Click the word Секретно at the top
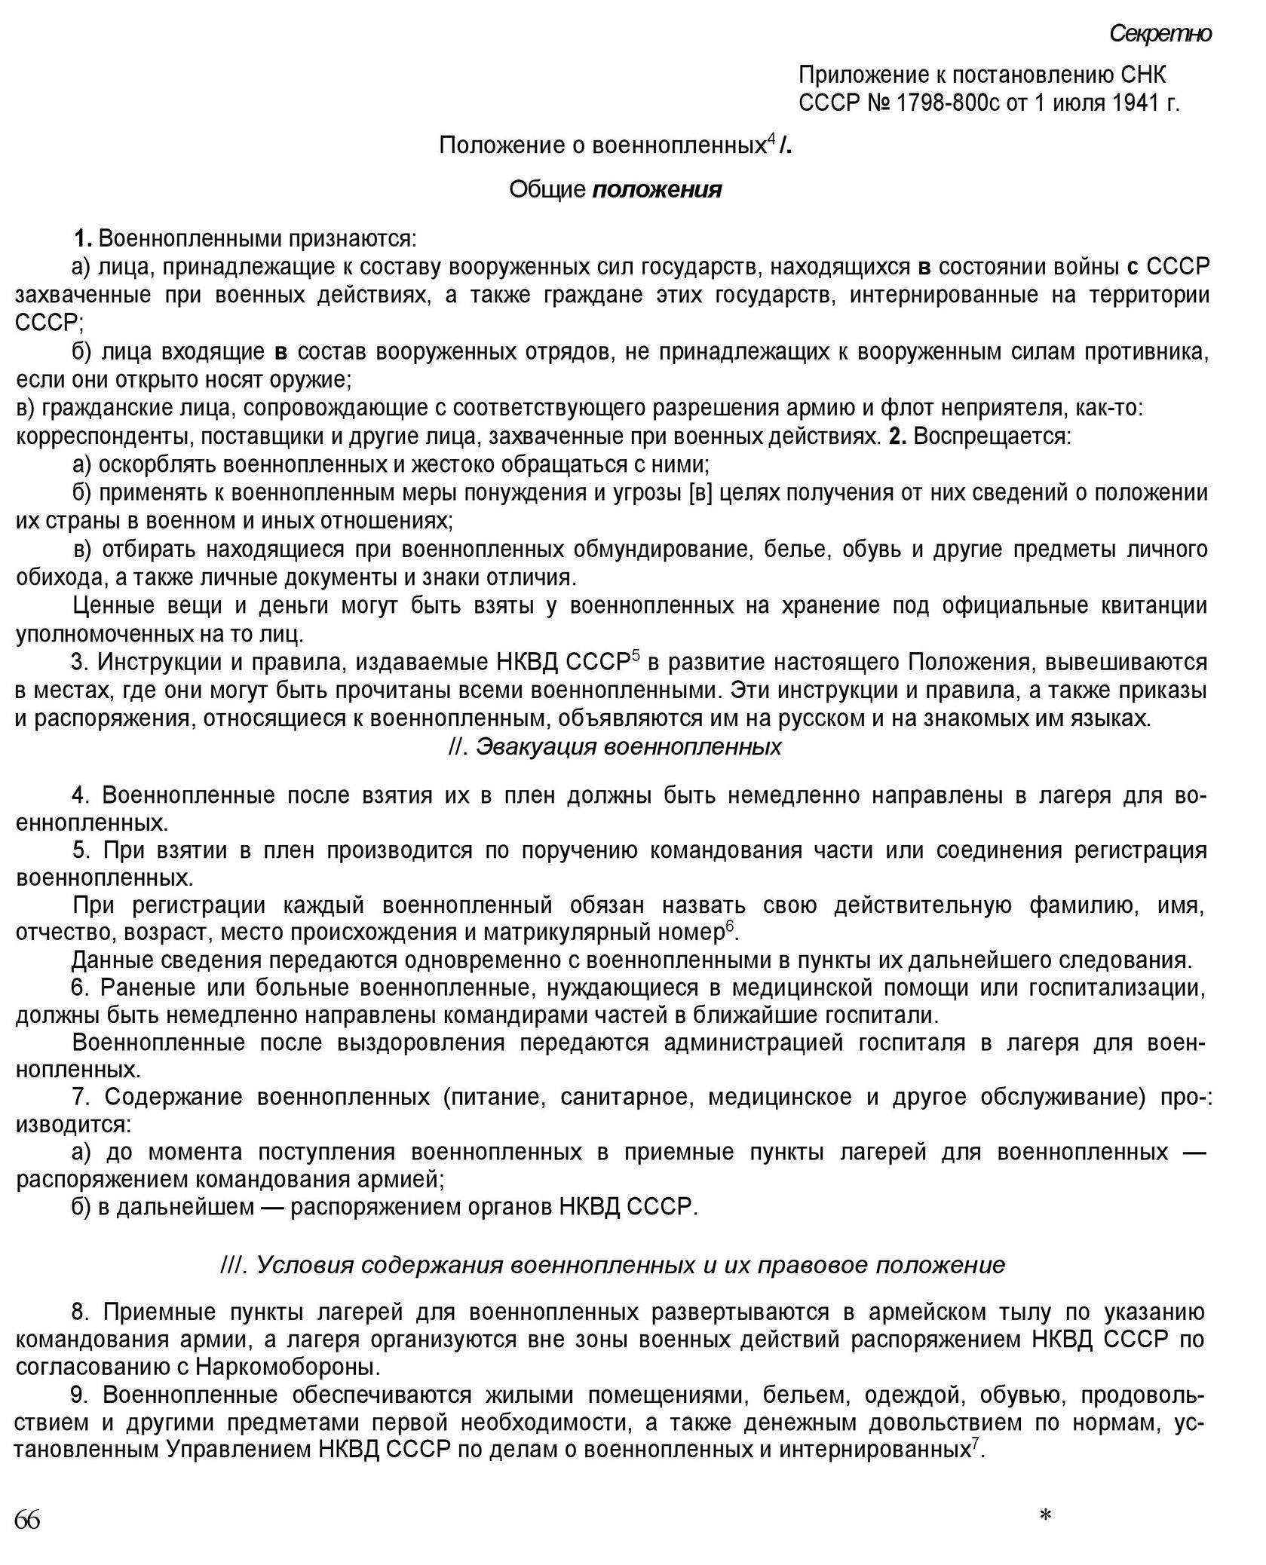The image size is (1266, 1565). (1160, 34)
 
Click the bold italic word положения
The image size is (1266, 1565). (657, 189)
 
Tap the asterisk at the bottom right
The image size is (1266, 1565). (1045, 1516)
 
